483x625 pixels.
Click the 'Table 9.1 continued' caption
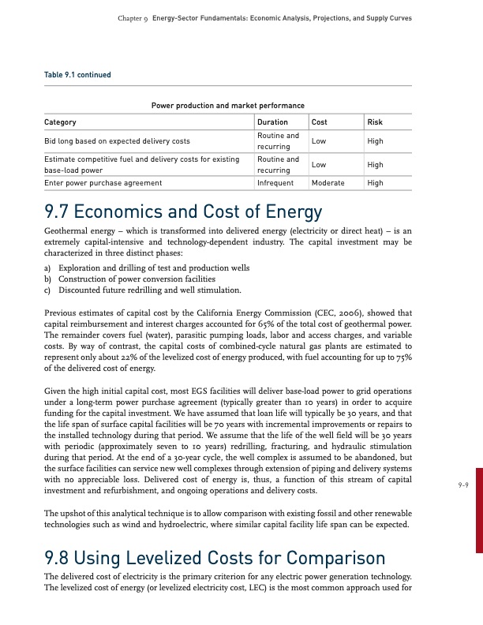[x=77, y=75]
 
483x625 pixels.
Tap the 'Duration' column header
[x=271, y=122]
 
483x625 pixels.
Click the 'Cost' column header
[x=320, y=122]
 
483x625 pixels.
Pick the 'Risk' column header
[x=374, y=122]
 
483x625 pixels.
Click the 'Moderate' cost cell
[x=328, y=182]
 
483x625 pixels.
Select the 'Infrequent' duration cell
[x=275, y=182]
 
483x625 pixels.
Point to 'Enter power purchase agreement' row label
[x=103, y=182]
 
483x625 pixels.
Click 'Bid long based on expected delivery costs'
[x=117, y=140]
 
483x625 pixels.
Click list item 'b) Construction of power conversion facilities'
[x=130, y=279]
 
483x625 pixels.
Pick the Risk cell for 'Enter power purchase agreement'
[x=376, y=182]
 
